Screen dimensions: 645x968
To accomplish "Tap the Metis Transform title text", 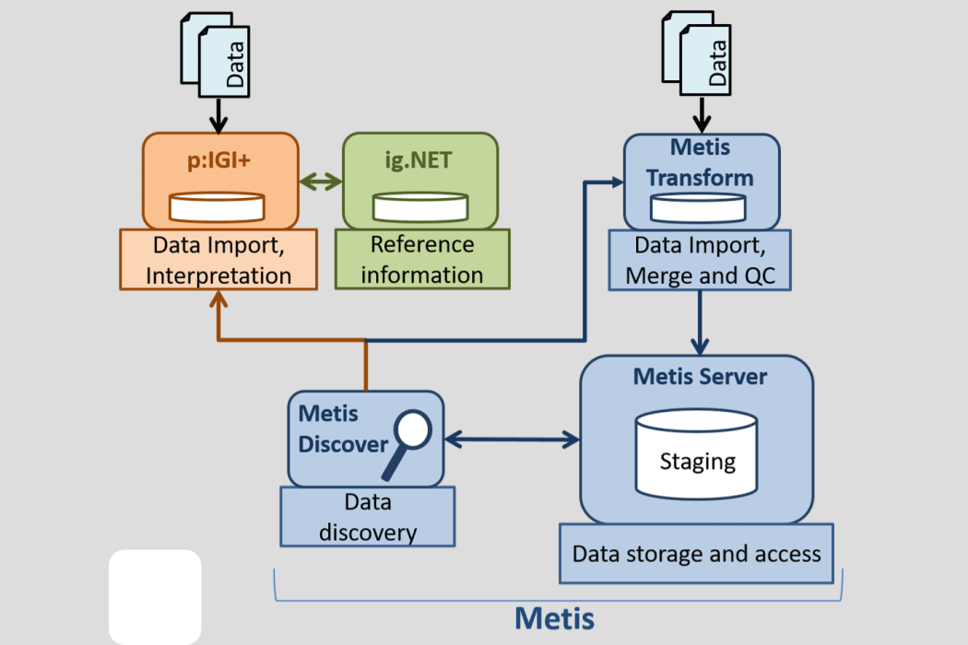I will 701,162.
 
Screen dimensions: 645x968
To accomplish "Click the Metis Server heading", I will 700,377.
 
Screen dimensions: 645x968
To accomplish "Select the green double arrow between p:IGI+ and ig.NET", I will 321,182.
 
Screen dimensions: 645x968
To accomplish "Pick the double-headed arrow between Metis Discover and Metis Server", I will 511,440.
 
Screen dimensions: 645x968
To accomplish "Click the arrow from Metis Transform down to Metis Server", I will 701,322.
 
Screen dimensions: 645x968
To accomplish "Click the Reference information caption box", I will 421,259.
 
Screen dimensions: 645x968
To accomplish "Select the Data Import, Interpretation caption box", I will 218,260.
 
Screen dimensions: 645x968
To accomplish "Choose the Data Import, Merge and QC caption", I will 700,261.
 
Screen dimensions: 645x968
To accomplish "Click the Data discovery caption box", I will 367,517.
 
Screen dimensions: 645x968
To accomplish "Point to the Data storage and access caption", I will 696,554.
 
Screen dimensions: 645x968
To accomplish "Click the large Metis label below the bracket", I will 554,617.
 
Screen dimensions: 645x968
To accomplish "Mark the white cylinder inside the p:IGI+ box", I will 218,206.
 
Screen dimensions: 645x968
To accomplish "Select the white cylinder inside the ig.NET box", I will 419,206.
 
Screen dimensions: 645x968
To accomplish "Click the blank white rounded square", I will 155,596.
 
